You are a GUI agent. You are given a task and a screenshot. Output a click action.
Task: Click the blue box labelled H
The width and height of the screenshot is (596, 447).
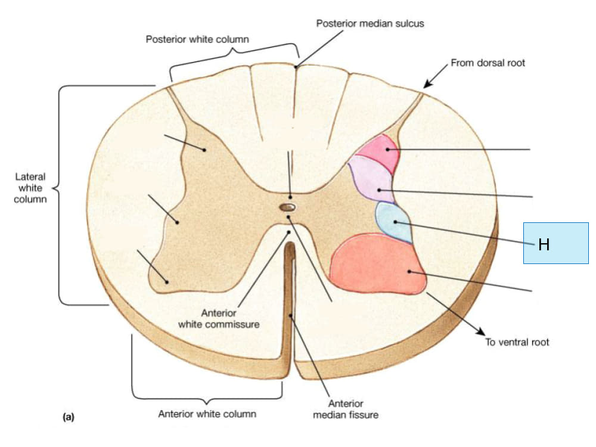(x=555, y=243)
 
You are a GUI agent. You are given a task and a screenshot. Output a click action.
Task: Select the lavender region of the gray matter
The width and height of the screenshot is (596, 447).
(x=371, y=179)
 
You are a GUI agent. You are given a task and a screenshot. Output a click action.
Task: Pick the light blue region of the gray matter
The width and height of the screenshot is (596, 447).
(x=393, y=222)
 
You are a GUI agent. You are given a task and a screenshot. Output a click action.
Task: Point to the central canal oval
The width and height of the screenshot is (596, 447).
(x=287, y=207)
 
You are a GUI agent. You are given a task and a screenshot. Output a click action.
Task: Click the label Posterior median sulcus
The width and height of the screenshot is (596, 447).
(x=370, y=24)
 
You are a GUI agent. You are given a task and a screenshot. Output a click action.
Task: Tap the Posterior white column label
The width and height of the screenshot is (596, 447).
(x=197, y=39)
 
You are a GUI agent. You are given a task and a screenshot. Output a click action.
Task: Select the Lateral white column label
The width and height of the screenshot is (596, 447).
(x=30, y=188)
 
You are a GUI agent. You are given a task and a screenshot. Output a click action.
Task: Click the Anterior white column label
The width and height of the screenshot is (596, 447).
(x=207, y=414)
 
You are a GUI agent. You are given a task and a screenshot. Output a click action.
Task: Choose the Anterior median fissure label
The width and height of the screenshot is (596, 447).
(x=346, y=409)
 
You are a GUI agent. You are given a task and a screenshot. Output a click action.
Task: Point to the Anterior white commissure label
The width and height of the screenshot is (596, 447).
(x=219, y=318)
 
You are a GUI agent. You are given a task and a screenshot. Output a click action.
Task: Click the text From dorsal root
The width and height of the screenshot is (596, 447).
(x=488, y=63)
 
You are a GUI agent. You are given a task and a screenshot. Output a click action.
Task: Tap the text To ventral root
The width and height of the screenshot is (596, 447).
(x=517, y=342)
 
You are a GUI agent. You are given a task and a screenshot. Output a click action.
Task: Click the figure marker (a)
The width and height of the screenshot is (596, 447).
(x=69, y=417)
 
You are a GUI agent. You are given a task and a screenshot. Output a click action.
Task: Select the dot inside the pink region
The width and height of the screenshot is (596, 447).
(x=388, y=150)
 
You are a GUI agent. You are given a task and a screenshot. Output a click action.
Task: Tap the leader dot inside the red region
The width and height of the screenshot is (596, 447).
(x=409, y=271)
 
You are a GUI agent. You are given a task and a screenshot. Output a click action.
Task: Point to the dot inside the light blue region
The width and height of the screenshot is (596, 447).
(x=395, y=222)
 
